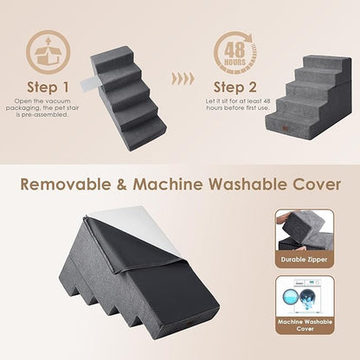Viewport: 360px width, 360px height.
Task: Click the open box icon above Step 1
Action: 48,54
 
